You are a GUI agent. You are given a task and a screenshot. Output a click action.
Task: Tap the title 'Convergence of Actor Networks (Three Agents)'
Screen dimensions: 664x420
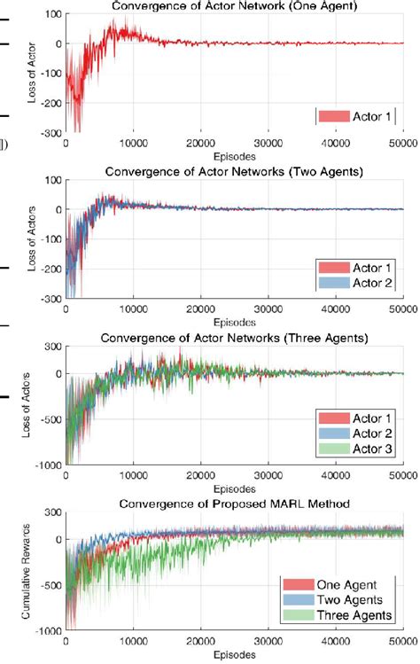pyautogui.click(x=234, y=337)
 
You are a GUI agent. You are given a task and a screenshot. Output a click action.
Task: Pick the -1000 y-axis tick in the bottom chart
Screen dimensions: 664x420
pyautogui.click(x=48, y=630)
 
